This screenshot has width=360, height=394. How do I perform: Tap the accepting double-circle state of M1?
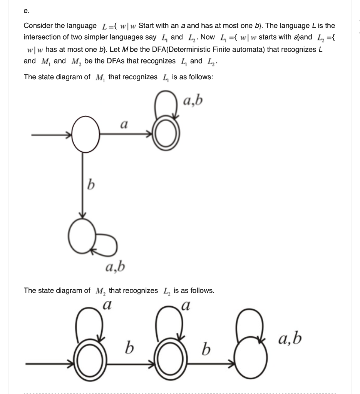166,135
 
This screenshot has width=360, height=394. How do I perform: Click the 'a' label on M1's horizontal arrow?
124,124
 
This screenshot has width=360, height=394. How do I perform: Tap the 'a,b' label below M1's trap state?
115,266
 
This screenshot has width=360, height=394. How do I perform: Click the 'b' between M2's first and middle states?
130,349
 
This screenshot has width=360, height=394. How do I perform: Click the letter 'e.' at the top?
26,11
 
